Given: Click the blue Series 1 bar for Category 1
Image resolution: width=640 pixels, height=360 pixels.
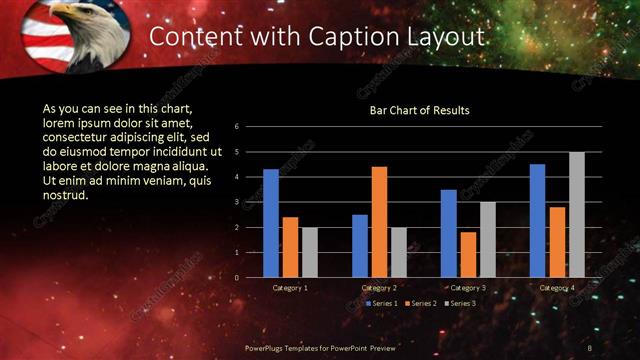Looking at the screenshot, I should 271,223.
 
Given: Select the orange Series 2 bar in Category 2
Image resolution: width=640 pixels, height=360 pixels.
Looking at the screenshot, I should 379,221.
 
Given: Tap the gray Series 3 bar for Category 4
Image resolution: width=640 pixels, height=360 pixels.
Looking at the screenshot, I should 577,214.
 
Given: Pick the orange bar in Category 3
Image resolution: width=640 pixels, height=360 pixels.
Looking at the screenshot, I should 468,254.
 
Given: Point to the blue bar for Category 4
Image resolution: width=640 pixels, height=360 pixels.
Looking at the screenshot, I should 537,220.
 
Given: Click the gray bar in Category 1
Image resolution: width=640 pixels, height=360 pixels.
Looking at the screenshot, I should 310,252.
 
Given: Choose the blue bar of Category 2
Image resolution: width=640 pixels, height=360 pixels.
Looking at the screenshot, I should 360,245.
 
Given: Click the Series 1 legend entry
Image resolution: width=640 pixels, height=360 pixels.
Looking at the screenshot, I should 384,302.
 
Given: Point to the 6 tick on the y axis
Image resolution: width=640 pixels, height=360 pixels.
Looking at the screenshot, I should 236,127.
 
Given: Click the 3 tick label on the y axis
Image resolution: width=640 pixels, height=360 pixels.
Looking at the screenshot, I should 236,202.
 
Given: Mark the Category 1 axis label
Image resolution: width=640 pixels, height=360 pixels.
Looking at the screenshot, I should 290,288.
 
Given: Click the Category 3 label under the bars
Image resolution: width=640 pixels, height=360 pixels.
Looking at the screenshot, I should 468,288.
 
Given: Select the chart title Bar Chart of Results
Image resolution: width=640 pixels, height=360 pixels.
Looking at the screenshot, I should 419,110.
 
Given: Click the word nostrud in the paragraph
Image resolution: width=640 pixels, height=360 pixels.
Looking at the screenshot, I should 66,194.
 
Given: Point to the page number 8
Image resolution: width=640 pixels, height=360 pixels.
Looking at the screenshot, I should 590,346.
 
